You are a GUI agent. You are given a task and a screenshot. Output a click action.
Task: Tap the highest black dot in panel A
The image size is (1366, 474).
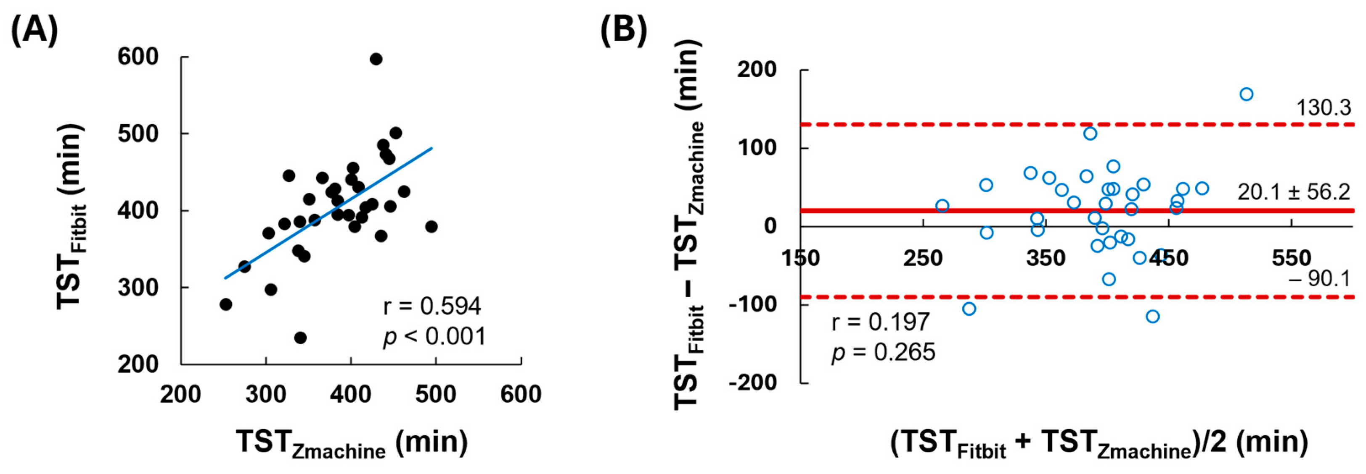(376, 59)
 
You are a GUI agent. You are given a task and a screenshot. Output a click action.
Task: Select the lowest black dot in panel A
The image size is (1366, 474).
(300, 338)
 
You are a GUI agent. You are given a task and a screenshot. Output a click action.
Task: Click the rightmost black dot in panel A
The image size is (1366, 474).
(431, 227)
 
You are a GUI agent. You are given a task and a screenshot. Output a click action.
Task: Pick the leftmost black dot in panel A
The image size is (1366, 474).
(226, 304)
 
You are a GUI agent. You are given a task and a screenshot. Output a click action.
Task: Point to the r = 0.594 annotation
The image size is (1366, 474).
(432, 306)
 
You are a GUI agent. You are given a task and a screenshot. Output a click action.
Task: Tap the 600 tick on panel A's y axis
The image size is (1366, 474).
(138, 57)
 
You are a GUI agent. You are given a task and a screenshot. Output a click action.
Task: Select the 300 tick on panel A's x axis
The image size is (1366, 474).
(266, 395)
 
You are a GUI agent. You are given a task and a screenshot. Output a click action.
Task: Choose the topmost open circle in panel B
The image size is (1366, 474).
(1246, 94)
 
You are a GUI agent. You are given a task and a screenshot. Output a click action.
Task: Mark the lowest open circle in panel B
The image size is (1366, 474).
(1152, 317)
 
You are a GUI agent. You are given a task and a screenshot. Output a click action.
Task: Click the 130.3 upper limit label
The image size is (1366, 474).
(1324, 108)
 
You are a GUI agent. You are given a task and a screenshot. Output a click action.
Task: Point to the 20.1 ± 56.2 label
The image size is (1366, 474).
(1294, 192)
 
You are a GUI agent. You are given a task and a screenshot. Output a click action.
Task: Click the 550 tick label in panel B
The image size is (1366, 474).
(1291, 259)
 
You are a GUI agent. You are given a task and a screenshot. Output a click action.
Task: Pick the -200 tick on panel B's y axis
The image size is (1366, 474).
(752, 382)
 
